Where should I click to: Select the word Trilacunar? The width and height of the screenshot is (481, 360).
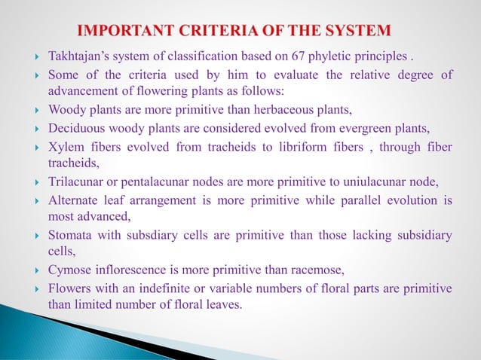pyautogui.click(x=77, y=183)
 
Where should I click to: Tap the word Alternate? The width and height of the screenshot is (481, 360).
pyautogui.click(x=75, y=200)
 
